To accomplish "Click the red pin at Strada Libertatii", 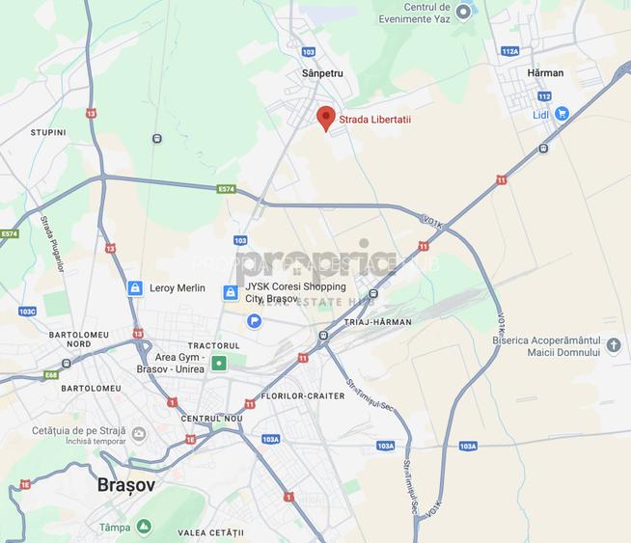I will [x=326, y=118].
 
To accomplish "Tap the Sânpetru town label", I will [x=322, y=73].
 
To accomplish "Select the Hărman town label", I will [x=545, y=72].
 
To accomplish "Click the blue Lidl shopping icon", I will [x=562, y=114].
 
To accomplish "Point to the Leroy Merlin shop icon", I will [x=135, y=287].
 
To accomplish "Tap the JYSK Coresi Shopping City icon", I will [x=231, y=292].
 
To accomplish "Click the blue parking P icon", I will [x=254, y=321].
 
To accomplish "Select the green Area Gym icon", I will [x=219, y=364].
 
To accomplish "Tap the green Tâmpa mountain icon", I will [x=144, y=527].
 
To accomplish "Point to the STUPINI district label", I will [x=48, y=132].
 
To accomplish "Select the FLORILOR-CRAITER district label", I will [x=303, y=396].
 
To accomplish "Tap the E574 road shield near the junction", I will [x=227, y=190].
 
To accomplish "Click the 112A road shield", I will [x=510, y=51].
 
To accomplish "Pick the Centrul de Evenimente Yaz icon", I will [x=464, y=12].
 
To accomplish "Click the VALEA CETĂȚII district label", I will [x=211, y=532].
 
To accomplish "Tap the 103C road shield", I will [x=27, y=312].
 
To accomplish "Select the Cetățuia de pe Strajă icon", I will [x=138, y=433].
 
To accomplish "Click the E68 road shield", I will [x=50, y=374].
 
